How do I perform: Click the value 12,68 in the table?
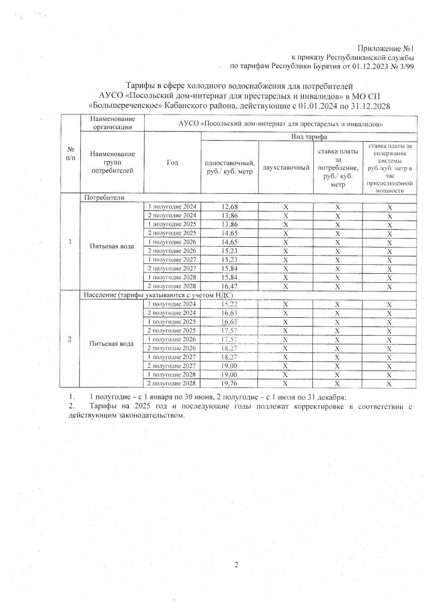pyautogui.click(x=230, y=207)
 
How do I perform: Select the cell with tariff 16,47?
pyautogui.click(x=230, y=287)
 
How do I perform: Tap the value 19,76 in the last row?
pyautogui.click(x=230, y=383)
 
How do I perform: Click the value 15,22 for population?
pyautogui.click(x=230, y=304)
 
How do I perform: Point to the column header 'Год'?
pyautogui.click(x=172, y=163)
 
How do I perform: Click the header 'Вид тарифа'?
pyautogui.click(x=309, y=137)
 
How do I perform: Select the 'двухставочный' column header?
pyautogui.click(x=286, y=168)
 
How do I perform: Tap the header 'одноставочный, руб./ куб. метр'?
pyautogui.click(x=230, y=167)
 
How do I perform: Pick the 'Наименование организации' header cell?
pyautogui.click(x=113, y=123)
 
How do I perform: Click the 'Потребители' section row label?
pyautogui.click(x=104, y=198)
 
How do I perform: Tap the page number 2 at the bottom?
pyautogui.click(x=236, y=565)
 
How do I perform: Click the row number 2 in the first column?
pyautogui.click(x=70, y=339)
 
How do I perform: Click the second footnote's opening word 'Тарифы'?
pyautogui.click(x=102, y=407)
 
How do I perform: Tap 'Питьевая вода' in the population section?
pyautogui.click(x=112, y=344)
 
